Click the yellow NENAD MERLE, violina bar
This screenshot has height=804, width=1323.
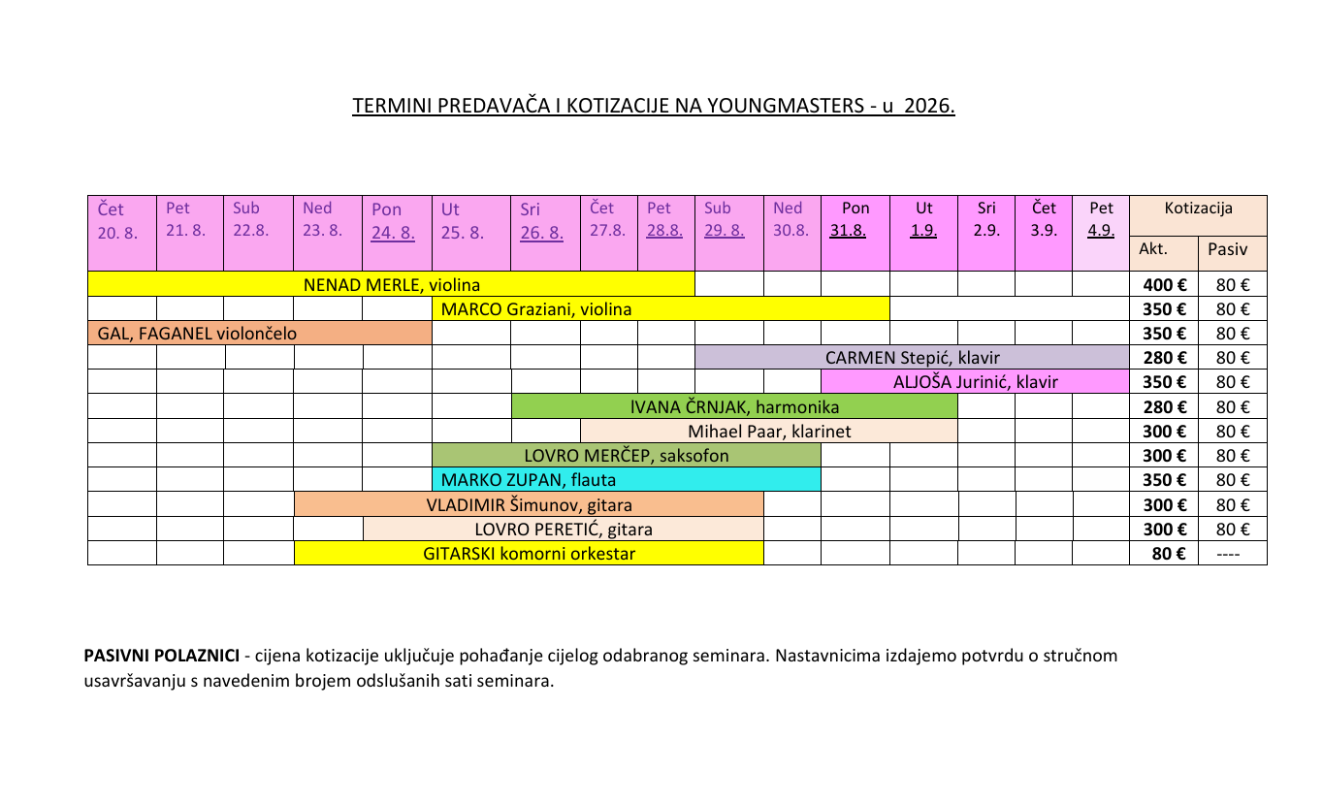click(391, 285)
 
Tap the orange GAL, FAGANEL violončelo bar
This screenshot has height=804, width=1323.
click(259, 334)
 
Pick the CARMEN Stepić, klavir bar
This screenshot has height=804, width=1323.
click(912, 358)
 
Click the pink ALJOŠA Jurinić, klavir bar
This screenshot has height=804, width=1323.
click(975, 382)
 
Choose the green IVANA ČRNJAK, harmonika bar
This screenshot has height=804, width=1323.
click(734, 407)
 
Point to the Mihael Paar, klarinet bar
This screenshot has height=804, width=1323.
click(769, 432)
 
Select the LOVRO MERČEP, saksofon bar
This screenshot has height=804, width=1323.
click(626, 456)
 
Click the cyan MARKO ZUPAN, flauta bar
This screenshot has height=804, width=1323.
click(626, 480)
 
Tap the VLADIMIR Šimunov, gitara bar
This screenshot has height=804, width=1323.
click(529, 505)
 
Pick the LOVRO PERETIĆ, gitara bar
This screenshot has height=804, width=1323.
click(564, 530)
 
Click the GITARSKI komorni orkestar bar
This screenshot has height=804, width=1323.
click(529, 554)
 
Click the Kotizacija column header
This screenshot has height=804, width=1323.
click(1198, 208)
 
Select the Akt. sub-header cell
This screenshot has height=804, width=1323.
click(1164, 249)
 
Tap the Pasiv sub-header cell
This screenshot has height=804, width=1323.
click(1232, 249)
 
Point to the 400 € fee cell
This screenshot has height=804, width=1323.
click(1164, 285)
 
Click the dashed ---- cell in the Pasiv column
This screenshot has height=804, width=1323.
click(1232, 554)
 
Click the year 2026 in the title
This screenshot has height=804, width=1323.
click(928, 106)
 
